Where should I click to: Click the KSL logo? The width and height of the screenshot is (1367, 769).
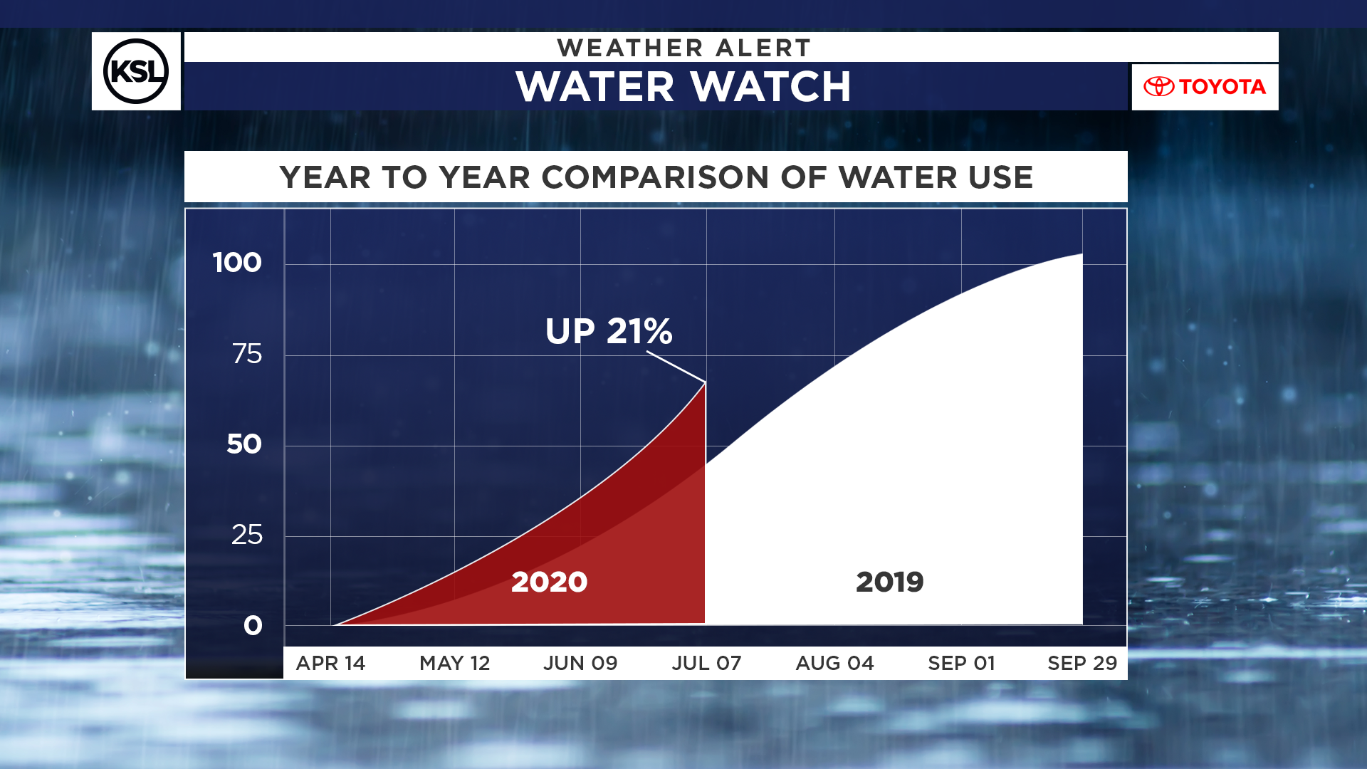[x=136, y=71]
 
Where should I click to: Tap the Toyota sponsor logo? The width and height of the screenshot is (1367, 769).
[x=1205, y=87]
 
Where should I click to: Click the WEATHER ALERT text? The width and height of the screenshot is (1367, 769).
[x=683, y=48]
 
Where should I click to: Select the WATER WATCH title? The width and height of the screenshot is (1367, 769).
[x=683, y=87]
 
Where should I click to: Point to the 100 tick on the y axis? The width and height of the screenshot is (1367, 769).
[x=237, y=263]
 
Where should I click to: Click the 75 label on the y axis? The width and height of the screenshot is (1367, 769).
[x=246, y=354]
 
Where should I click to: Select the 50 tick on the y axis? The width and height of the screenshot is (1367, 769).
[x=244, y=444]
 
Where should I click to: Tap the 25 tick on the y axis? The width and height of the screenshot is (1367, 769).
[x=246, y=535]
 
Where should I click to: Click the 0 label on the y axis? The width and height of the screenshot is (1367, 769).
[x=253, y=626]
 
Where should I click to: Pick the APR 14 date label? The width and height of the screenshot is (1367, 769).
[x=330, y=664]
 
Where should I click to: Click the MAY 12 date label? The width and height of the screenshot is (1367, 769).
[x=455, y=664]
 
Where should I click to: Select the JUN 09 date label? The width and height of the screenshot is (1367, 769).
[x=580, y=664]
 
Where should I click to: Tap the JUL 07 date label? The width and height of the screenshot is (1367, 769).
[x=706, y=664]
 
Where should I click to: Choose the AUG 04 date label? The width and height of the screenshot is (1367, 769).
[x=834, y=664]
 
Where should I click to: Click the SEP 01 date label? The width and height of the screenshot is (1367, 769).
[x=961, y=664]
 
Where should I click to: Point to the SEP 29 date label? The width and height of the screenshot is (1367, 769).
[x=1082, y=664]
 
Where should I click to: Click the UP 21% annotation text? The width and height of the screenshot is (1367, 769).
[x=609, y=331]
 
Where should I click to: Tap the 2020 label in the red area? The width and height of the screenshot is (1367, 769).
[x=549, y=582]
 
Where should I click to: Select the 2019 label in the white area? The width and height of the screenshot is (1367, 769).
[x=889, y=582]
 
